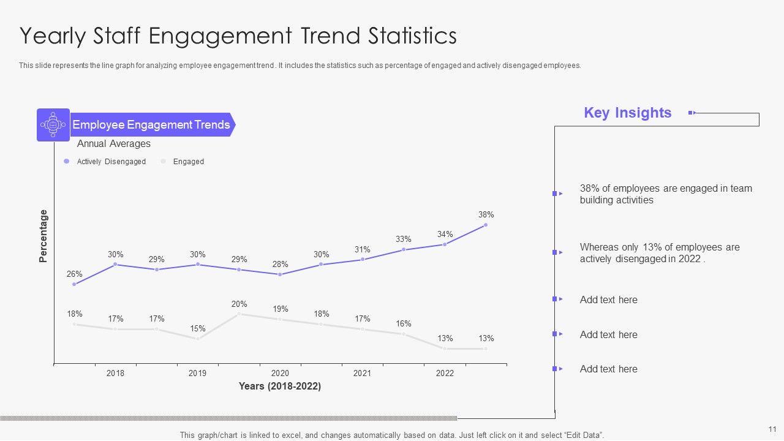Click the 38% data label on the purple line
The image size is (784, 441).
pos(486,215)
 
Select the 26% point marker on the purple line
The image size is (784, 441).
pos(74,284)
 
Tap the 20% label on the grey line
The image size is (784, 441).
pos(239,304)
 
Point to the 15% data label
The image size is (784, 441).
pos(197,329)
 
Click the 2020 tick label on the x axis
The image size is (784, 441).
pos(280,374)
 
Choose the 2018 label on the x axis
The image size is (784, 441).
pos(115,374)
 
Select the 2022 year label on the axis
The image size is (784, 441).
pos(445,374)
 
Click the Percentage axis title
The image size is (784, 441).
pos(43,236)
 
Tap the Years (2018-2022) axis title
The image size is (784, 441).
pos(279,386)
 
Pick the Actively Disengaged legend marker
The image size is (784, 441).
pos(67,162)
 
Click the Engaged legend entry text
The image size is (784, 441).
pos(188,162)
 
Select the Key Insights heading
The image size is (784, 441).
pos(627,113)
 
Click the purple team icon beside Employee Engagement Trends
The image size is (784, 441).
pos(53,125)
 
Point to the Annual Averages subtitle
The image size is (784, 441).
pos(113,144)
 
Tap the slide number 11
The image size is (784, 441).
pos(772,429)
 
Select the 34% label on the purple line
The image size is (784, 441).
pos(445,235)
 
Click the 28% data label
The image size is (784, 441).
pos(280,265)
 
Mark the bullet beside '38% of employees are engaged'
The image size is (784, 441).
pos(555,194)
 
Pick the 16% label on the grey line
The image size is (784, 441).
pos(403,324)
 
